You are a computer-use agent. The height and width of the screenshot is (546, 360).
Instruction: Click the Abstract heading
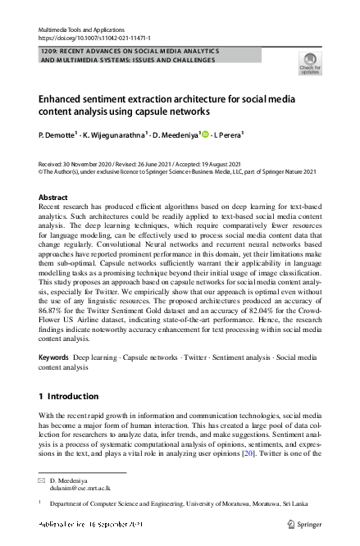pos(53,198)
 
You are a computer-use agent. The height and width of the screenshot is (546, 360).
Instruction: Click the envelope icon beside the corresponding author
pos(42,478)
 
